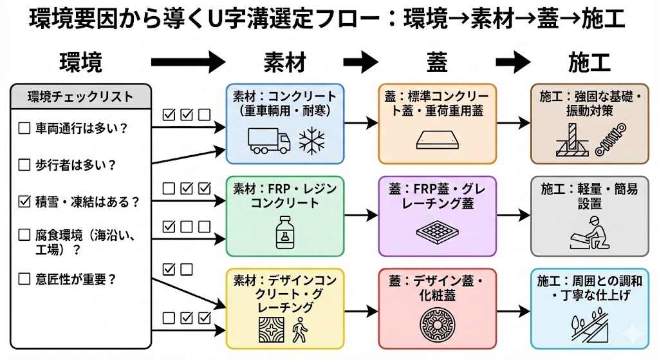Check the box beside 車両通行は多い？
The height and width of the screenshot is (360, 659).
tap(24, 128)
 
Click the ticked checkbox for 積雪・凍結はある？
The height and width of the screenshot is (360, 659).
tap(24, 202)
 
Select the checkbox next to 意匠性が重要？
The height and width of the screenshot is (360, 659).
tap(24, 279)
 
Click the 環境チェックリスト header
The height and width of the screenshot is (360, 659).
tap(81, 97)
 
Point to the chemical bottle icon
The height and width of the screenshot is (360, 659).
tap(284, 232)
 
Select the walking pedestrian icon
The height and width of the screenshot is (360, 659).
tap(301, 330)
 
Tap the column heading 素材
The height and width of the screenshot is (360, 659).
tap(285, 62)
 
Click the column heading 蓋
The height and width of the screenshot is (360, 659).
tap(437, 62)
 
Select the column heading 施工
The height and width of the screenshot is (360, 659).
tap(589, 62)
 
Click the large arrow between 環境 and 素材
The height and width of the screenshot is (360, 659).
tap(188, 62)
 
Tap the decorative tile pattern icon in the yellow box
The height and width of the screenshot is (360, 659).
tap(270, 329)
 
